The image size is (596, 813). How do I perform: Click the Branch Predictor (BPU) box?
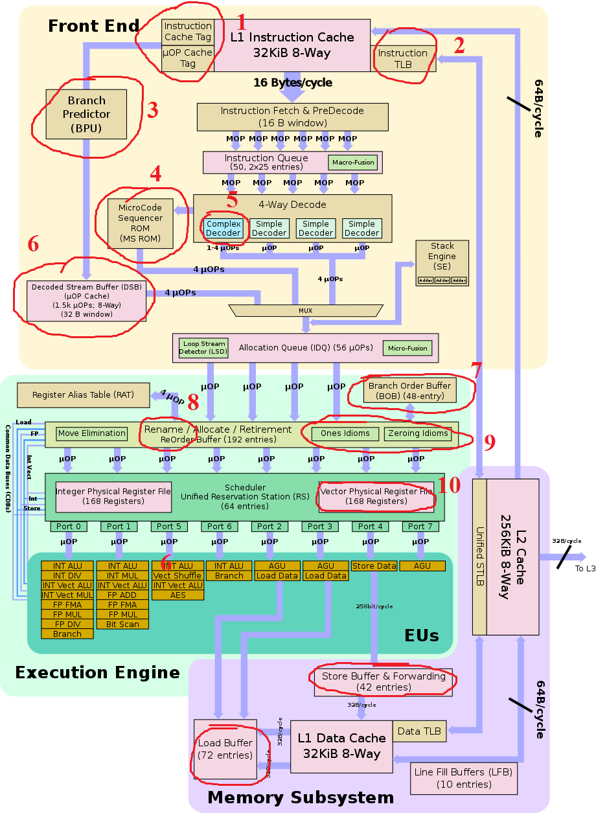(x=86, y=114)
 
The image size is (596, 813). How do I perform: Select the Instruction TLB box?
(x=403, y=59)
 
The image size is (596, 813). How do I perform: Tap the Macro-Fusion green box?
(x=353, y=162)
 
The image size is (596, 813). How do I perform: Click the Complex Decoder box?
(x=223, y=228)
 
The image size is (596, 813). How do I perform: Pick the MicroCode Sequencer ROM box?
(x=141, y=223)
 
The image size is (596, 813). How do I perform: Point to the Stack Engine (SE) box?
(x=442, y=262)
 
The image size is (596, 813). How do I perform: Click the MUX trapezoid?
(x=305, y=311)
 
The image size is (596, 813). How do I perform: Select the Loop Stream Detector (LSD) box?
(x=203, y=349)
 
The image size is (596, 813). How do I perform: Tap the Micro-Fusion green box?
(x=407, y=349)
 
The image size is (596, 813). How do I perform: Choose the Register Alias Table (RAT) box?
(x=83, y=395)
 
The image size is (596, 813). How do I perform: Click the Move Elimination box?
(x=91, y=433)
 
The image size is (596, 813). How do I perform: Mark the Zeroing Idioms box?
(x=418, y=433)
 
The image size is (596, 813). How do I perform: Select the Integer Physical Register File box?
(x=113, y=496)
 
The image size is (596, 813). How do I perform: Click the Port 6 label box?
(x=219, y=527)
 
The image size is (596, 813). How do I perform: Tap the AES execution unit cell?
(x=178, y=595)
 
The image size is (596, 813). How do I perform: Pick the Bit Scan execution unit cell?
(x=122, y=624)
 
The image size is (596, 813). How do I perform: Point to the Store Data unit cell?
(x=374, y=566)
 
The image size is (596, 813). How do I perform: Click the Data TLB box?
(x=419, y=731)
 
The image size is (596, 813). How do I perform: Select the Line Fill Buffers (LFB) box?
(x=463, y=778)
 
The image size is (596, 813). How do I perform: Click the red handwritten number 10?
(x=450, y=486)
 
